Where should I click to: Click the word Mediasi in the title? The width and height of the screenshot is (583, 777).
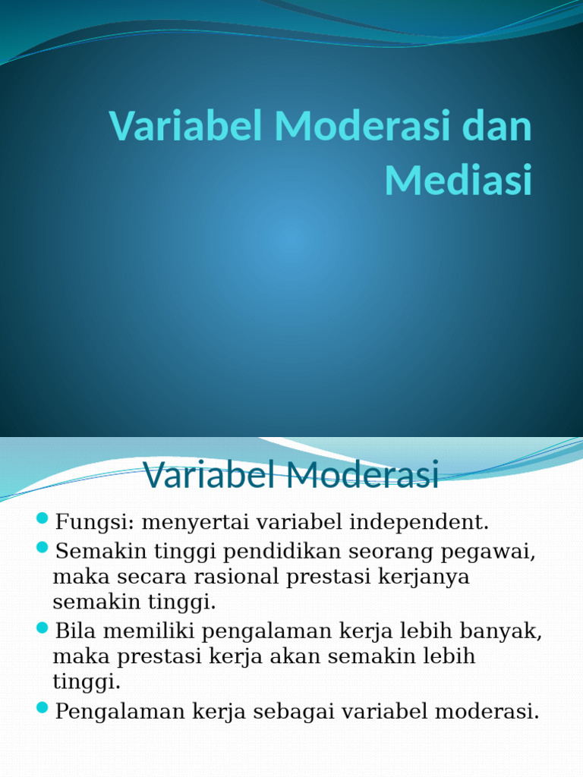click(x=458, y=180)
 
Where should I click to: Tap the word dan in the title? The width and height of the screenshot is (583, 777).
click(x=496, y=126)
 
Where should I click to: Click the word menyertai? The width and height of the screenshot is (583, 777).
click(x=184, y=523)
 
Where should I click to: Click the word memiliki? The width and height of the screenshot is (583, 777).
click(x=146, y=631)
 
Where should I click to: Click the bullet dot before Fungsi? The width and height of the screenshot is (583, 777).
click(x=43, y=519)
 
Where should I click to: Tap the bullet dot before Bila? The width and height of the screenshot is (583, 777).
click(x=43, y=628)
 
